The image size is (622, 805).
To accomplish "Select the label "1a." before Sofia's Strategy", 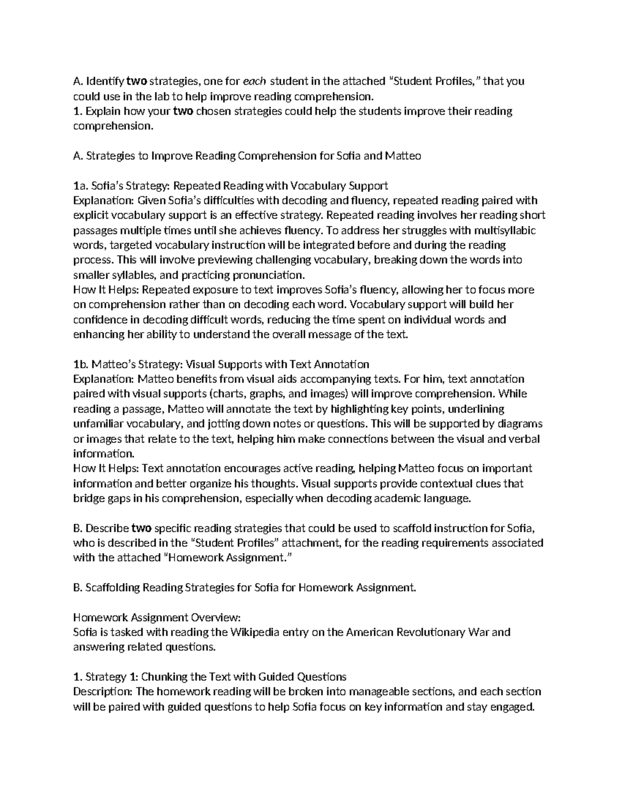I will click(x=81, y=186).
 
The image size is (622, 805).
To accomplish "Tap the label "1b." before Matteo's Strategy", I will click(x=81, y=364).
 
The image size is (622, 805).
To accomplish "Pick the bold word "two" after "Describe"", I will click(x=141, y=528).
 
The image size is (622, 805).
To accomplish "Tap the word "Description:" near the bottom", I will click(x=103, y=691).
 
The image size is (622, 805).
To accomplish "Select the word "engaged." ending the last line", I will click(x=512, y=707).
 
